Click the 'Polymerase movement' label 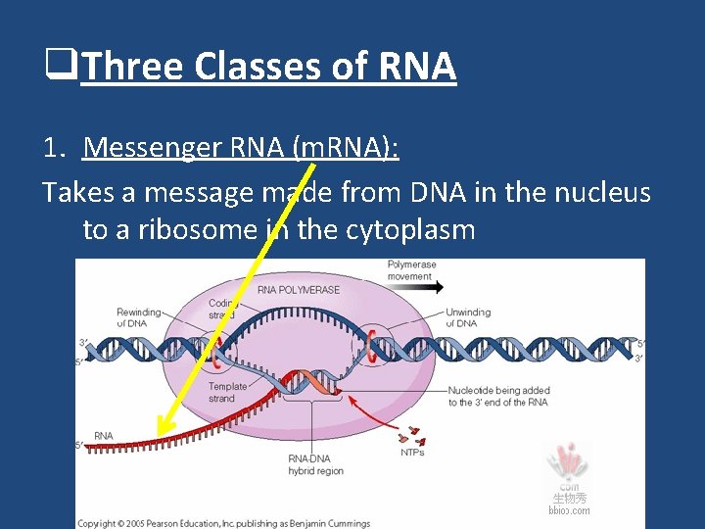(411, 269)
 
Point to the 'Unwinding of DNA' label (468, 317)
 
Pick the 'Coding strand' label (222, 309)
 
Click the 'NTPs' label (412, 453)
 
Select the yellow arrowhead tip (160, 439)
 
